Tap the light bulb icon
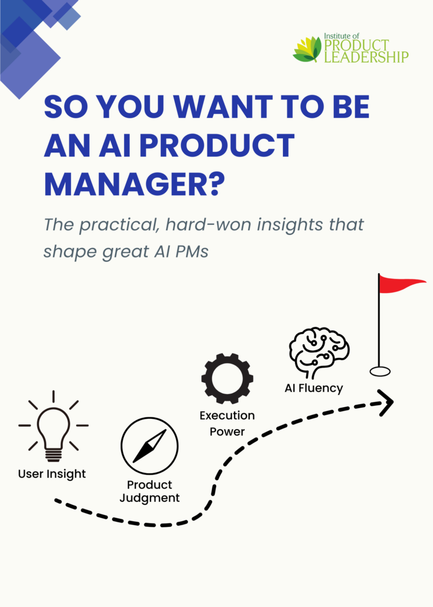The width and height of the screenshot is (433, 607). pos(54,426)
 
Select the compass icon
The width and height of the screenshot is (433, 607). pos(149,446)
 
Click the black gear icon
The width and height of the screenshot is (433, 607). pos(227,378)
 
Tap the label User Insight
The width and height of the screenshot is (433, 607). pos(52,474)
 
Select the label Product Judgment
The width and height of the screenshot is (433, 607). pos(149,491)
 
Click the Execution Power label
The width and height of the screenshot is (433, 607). pos(227,423)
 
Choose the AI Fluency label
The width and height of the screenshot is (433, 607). pos(314,388)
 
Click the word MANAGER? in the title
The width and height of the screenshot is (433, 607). pos(135,184)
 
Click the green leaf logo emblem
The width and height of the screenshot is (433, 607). pos(307,49)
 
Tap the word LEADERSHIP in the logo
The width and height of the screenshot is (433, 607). pos(366,57)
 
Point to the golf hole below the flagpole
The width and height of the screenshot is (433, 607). pos(379,372)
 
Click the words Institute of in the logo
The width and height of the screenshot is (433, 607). pos(341,36)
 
